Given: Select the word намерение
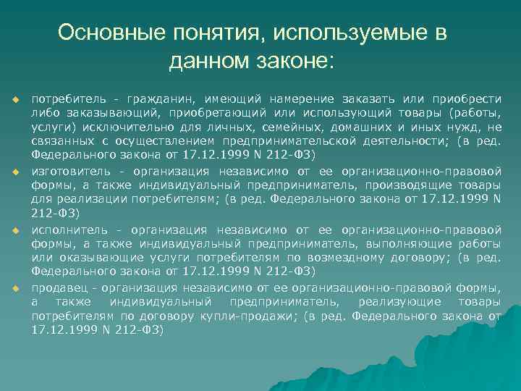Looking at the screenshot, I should click(x=300, y=98).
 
